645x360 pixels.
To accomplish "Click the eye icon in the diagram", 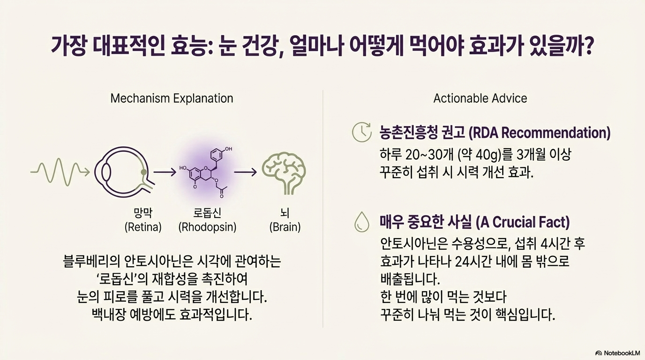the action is (x=123, y=172).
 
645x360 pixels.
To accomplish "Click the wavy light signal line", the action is (x=59, y=172).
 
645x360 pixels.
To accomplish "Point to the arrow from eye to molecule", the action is (x=165, y=172).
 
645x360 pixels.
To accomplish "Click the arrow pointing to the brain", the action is (x=245, y=172).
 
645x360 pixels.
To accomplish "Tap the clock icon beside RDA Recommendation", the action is (x=361, y=133).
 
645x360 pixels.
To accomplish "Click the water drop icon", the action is (x=361, y=222).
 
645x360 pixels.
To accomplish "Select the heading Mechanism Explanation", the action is (x=172, y=98).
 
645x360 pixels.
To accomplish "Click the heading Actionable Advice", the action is (x=480, y=98).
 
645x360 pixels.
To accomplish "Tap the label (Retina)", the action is (x=143, y=228).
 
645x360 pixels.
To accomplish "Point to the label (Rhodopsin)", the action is (x=207, y=228).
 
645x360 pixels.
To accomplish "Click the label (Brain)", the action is (x=285, y=228).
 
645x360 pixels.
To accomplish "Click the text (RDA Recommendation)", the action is (x=540, y=133).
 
